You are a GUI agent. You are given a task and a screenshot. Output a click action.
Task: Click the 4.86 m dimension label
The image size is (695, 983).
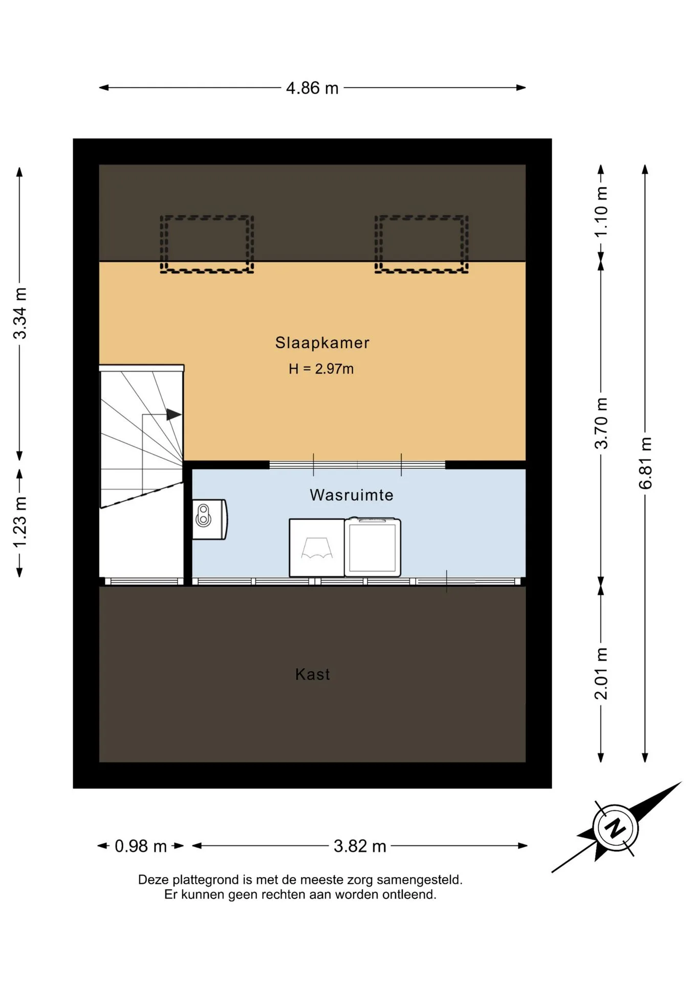pyautogui.click(x=312, y=88)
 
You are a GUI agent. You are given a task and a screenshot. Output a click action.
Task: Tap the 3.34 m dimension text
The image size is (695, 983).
pyautogui.click(x=20, y=313)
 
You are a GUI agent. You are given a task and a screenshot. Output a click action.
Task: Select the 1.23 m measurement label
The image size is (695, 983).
pyautogui.click(x=20, y=522)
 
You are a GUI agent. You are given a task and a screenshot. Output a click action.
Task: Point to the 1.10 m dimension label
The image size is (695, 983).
pyautogui.click(x=601, y=211)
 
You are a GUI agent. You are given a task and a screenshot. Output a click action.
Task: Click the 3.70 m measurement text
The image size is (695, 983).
pyautogui.click(x=601, y=423)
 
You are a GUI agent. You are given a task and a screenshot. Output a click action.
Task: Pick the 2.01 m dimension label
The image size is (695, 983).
pyautogui.click(x=601, y=673)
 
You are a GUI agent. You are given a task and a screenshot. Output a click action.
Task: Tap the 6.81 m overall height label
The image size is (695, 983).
pyautogui.click(x=645, y=463)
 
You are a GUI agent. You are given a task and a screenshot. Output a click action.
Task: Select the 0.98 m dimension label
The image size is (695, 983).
pyautogui.click(x=141, y=846)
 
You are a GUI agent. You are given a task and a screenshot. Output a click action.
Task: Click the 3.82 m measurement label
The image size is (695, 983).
pyautogui.click(x=360, y=846)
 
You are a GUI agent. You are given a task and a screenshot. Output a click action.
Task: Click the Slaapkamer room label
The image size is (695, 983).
pyautogui.click(x=322, y=343)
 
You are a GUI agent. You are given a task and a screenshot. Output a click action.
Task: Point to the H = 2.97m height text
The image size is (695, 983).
pyautogui.click(x=321, y=369)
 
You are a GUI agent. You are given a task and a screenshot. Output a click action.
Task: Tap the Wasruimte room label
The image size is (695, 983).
pyautogui.click(x=352, y=495)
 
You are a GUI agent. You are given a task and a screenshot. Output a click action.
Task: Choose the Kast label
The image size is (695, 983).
pyautogui.click(x=313, y=674)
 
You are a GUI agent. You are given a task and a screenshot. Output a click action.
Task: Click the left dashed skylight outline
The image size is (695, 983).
pyautogui.click(x=207, y=218)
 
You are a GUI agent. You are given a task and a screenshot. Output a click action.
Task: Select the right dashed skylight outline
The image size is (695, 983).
pyautogui.click(x=421, y=218)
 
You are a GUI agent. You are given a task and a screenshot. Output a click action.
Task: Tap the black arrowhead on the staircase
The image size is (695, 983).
pyautogui.click(x=173, y=414)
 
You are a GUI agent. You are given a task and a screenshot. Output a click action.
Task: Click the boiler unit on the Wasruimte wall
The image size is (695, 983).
pyautogui.click(x=210, y=519)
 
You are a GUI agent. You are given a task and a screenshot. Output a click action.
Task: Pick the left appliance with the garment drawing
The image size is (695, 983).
pyautogui.click(x=317, y=548)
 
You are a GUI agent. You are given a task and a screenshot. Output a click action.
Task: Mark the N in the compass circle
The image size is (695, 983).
pyautogui.click(x=615, y=827)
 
